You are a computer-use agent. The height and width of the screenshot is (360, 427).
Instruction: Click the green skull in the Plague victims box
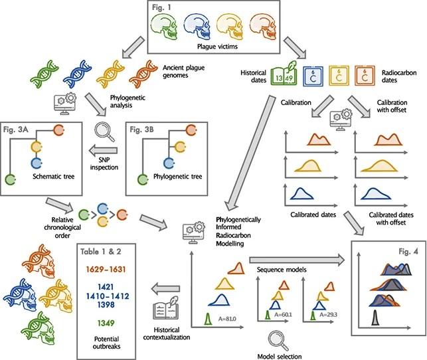click(x=163, y=27)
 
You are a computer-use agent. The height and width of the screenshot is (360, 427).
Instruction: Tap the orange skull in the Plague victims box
click(x=263, y=27)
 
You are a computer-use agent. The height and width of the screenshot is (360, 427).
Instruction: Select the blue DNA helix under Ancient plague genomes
click(x=77, y=72)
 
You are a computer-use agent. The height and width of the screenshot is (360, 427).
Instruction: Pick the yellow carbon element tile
click(x=339, y=75)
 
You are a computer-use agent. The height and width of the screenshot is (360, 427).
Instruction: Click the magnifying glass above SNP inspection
click(x=104, y=132)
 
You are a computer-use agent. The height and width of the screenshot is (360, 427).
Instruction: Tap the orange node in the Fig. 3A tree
click(x=59, y=130)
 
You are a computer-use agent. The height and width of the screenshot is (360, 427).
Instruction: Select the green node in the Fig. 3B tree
click(x=142, y=180)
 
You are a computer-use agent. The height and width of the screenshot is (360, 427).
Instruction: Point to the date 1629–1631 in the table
click(x=106, y=269)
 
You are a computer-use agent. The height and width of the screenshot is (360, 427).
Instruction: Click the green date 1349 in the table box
click(x=106, y=323)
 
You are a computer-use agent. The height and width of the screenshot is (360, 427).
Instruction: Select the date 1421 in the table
click(x=106, y=287)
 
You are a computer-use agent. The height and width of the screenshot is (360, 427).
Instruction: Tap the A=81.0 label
click(x=227, y=319)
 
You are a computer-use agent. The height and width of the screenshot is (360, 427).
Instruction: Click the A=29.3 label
click(x=328, y=315)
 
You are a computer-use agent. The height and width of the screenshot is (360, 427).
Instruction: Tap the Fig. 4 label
click(x=408, y=252)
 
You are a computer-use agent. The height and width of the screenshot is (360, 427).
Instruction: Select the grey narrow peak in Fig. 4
click(x=375, y=317)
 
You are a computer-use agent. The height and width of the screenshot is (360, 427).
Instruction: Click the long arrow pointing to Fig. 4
click(x=297, y=259)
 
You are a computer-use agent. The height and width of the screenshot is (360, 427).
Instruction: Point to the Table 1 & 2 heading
click(x=101, y=252)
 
